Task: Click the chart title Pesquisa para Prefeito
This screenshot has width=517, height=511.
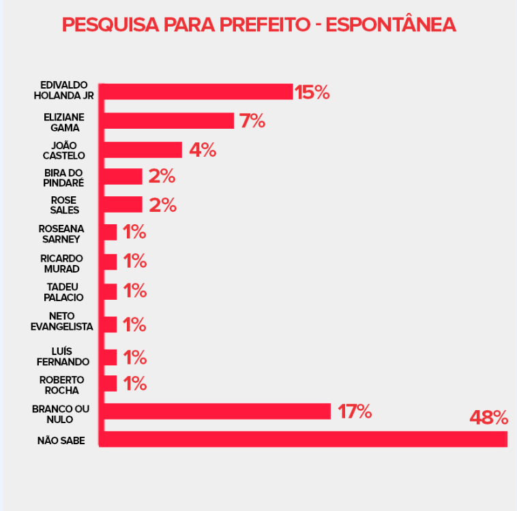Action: coord(258,25)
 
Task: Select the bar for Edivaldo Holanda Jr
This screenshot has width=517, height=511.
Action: coord(198,91)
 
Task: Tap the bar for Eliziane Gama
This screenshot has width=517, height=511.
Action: coord(168,121)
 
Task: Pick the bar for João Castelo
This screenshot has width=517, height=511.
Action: coord(143,150)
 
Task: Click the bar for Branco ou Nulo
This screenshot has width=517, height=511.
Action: coord(216,412)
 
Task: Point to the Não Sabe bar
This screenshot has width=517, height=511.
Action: coord(304,439)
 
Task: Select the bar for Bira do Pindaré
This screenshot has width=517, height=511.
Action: coord(123,176)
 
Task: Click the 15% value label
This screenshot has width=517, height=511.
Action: coord(312,92)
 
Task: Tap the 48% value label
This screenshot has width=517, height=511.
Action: coord(488,417)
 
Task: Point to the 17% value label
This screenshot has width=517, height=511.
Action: coord(352,412)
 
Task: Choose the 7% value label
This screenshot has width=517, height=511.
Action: coord(252,121)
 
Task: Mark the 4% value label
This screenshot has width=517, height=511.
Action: coord(202,150)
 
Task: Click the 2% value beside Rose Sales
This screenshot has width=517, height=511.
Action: coord(162,205)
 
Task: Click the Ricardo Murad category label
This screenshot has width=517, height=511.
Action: coord(62,263)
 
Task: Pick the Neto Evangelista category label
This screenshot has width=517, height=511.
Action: coord(61,322)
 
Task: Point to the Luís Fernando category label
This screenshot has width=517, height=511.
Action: coord(63,356)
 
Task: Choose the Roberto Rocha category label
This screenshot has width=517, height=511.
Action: coord(61,385)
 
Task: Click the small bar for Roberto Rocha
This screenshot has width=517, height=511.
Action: coord(109,384)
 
